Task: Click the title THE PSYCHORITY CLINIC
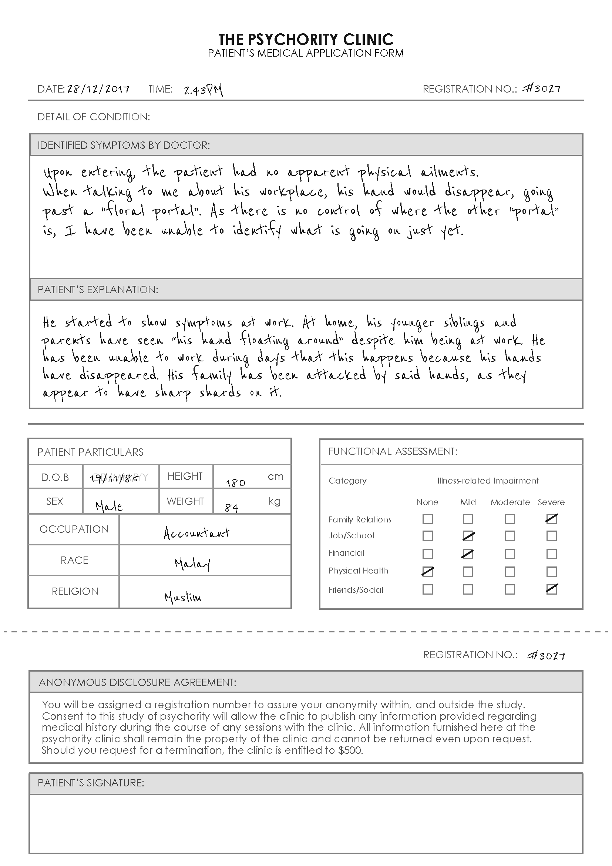[x=306, y=39]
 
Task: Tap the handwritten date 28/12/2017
[x=98, y=89]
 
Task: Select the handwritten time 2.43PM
[x=203, y=90]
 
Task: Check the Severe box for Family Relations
[x=551, y=519]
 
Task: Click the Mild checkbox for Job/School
[x=468, y=536]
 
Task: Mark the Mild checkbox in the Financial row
[x=468, y=554]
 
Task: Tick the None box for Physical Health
[x=428, y=572]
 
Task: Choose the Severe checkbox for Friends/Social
[x=551, y=589]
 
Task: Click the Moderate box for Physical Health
[x=510, y=572]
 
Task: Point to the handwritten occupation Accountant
[x=196, y=532]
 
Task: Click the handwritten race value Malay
[x=192, y=564]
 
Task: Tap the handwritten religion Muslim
[x=183, y=597]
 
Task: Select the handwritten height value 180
[x=236, y=483]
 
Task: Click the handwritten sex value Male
[x=109, y=506]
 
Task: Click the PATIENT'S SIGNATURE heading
[x=91, y=783]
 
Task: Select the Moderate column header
[x=510, y=502]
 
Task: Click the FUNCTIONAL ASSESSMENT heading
[x=393, y=451]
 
